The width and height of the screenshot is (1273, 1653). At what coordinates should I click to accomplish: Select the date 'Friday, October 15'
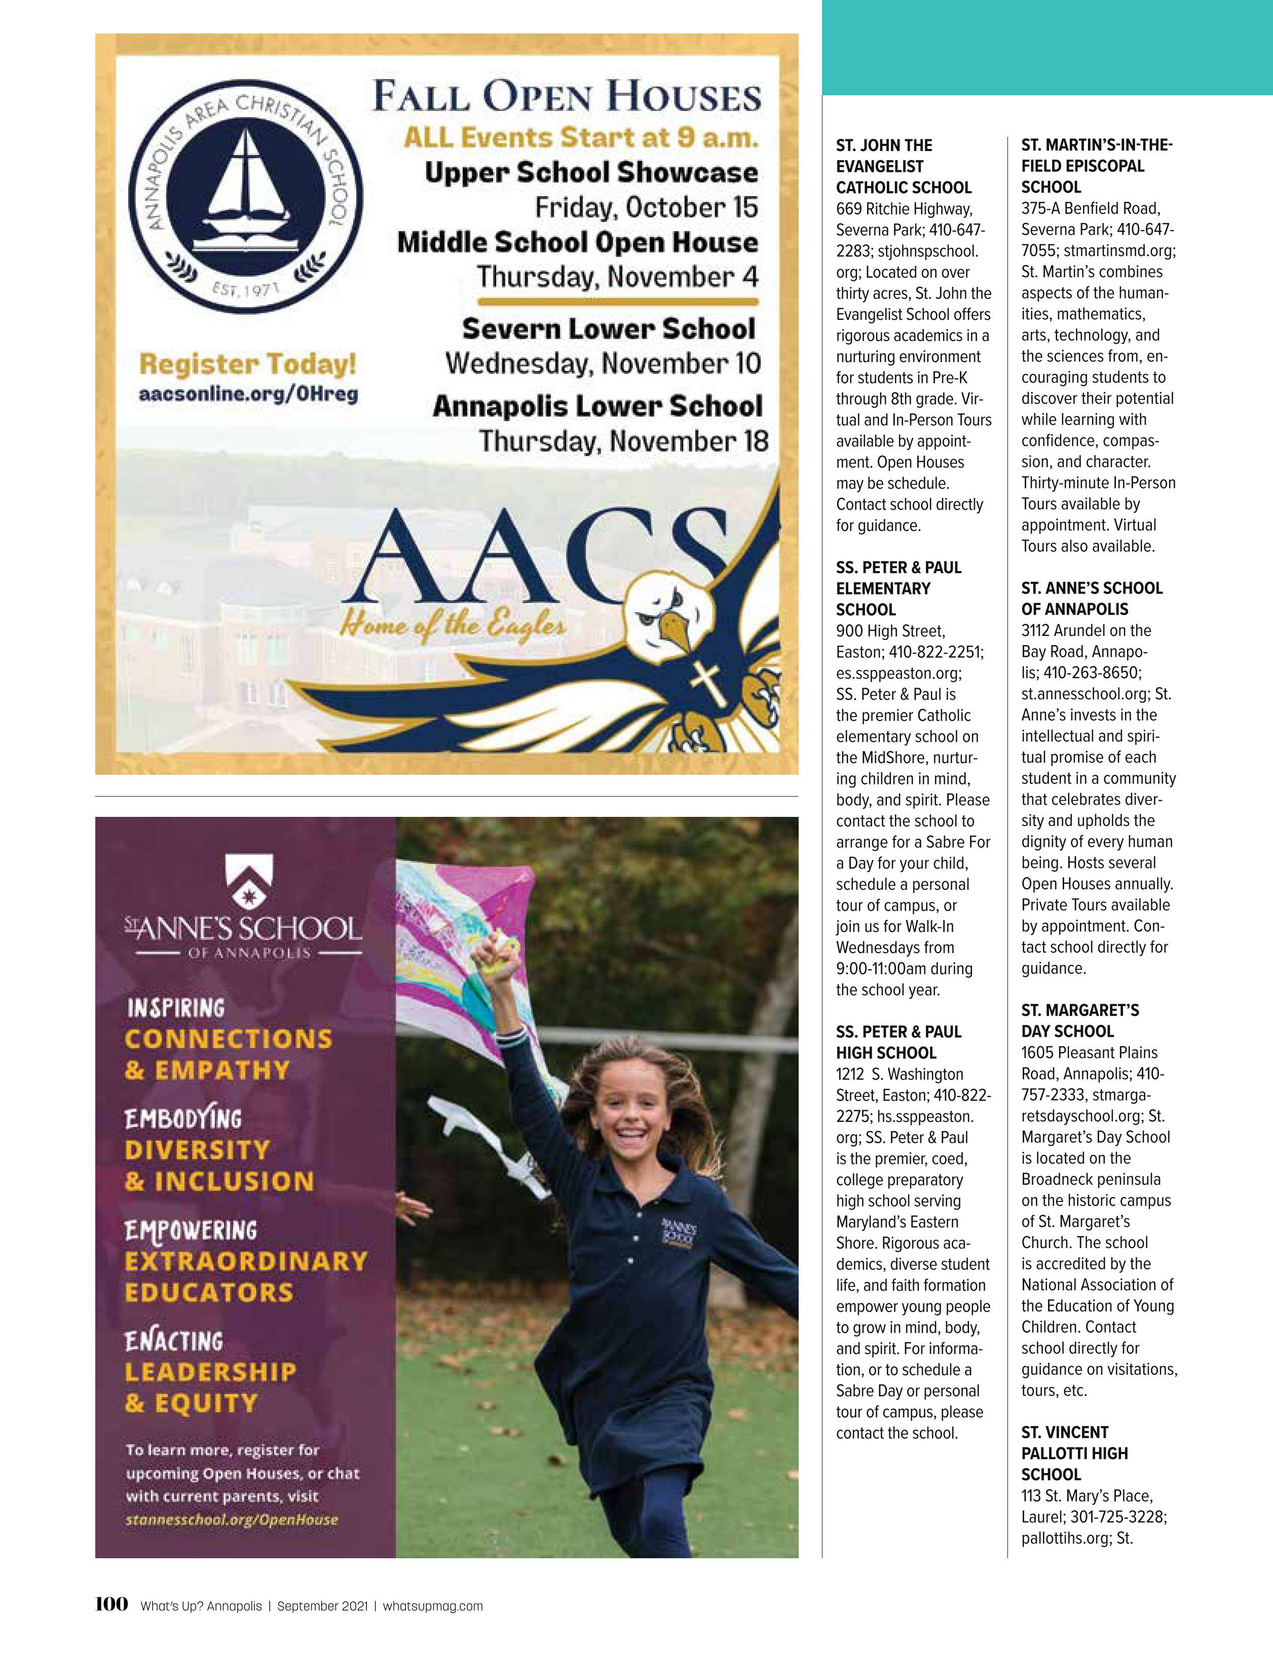(646, 207)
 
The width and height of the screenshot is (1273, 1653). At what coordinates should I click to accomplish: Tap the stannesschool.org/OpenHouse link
(232, 1519)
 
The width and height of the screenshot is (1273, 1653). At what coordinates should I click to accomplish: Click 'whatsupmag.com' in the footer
(433, 1627)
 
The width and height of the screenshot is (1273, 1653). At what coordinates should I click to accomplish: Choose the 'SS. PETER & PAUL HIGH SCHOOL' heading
(898, 1041)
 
